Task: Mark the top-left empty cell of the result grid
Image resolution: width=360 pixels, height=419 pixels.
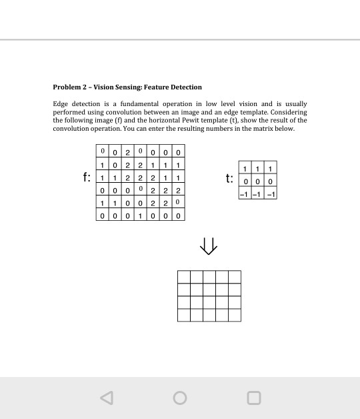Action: tap(183, 277)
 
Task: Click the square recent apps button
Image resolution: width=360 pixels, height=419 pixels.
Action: tap(253, 398)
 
